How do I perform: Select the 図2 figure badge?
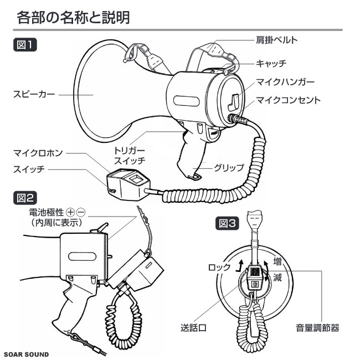pos(24,197)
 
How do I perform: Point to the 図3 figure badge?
pos(228,223)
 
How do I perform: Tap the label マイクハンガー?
pos(285,82)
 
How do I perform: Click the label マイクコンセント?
pos(288,100)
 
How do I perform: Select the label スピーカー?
pos(34,95)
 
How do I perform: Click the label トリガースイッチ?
pos(130,156)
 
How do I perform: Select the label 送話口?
pos(193,328)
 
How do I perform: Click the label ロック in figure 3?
pos(220,267)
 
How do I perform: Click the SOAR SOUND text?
pos(25,353)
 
